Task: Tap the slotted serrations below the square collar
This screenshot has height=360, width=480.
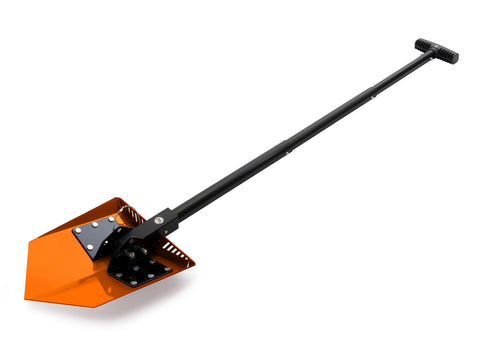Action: click(x=176, y=248)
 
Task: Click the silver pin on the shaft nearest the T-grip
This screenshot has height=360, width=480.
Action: click(x=372, y=97)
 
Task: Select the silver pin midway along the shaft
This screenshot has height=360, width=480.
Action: click(x=289, y=153)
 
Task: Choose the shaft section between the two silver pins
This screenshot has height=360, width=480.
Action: click(x=330, y=124)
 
